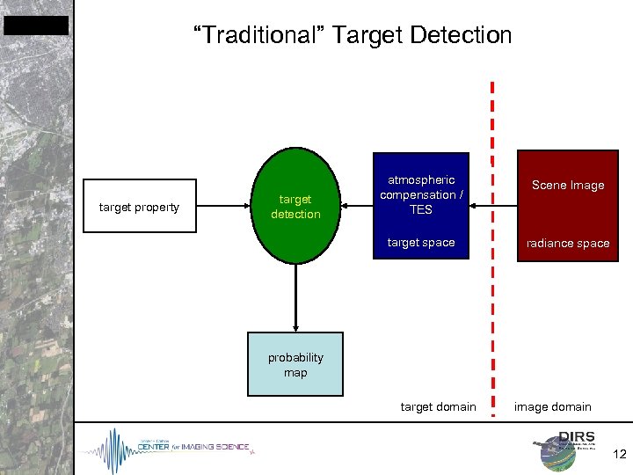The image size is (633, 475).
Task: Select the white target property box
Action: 139,208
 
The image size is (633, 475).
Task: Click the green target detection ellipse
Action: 295,208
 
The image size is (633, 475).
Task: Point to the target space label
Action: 420,243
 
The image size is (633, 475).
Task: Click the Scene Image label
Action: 567,186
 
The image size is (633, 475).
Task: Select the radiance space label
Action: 567,244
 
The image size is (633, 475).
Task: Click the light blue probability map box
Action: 295,365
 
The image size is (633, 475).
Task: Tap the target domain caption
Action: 438,406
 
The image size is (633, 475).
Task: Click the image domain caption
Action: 553,406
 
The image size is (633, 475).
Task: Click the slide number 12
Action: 619,455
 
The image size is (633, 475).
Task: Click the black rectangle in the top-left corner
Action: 36,26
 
